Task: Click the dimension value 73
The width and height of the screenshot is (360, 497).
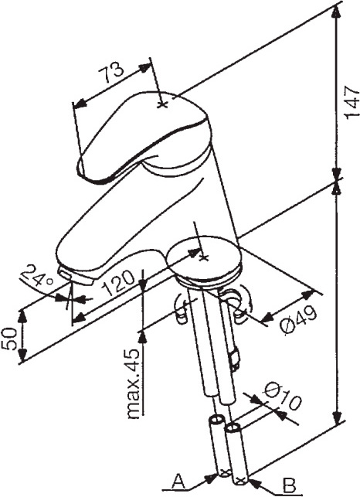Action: coord(110,72)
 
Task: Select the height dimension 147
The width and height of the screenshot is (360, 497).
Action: coord(352,102)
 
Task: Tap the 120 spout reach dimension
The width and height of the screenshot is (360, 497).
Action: coord(119,282)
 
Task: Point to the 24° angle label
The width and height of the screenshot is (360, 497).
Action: coord(36,275)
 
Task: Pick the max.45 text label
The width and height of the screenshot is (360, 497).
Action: coord(133,383)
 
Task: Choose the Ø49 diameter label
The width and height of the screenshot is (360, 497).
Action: coord(298,320)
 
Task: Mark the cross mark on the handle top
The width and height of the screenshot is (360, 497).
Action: coord(163,104)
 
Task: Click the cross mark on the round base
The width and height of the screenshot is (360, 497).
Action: coord(203,257)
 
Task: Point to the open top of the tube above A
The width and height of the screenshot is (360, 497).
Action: coord(216,420)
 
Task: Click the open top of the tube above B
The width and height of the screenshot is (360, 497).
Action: coord(233,428)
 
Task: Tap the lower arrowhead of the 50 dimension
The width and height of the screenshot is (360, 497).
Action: coord(22,354)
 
